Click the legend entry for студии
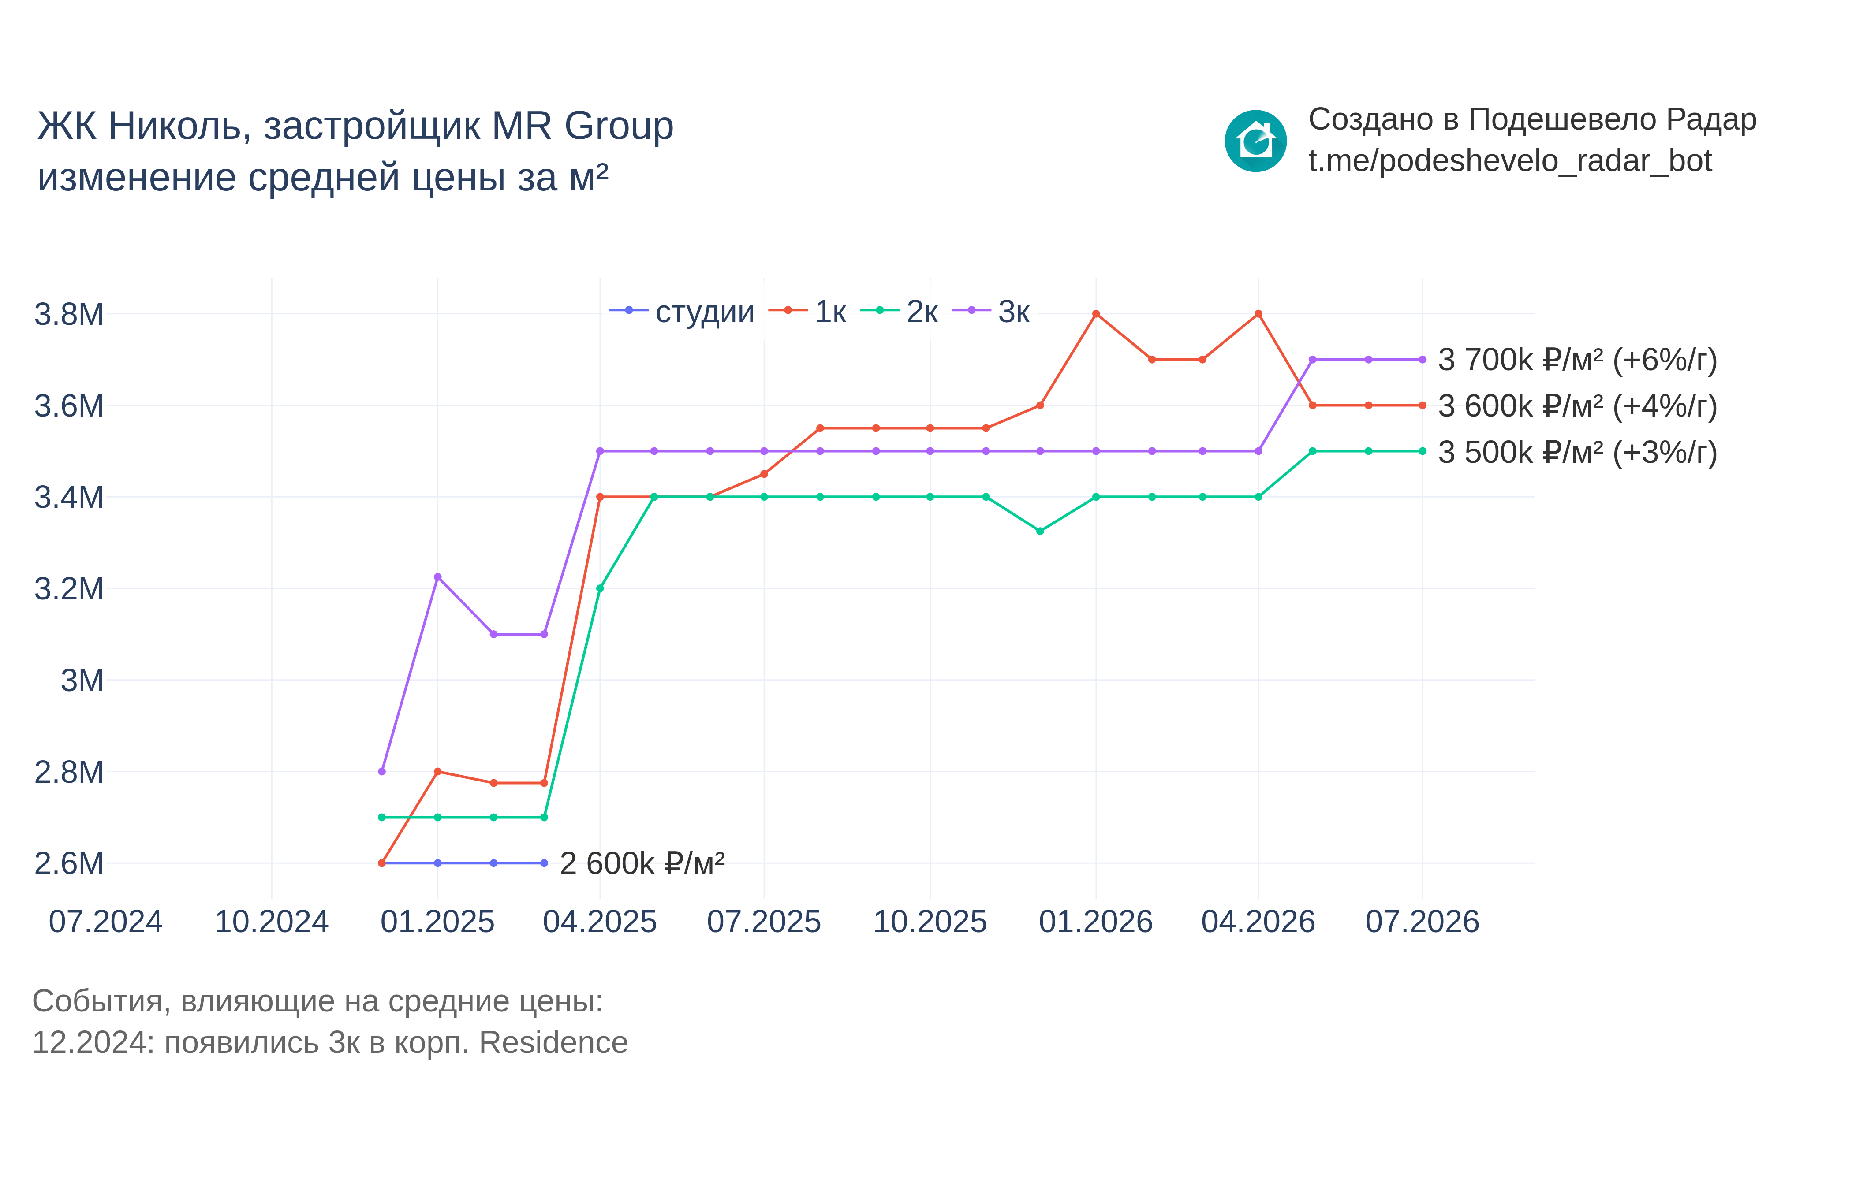pyautogui.click(x=682, y=312)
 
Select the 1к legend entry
pyautogui.click(x=807, y=312)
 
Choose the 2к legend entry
pyautogui.click(x=899, y=312)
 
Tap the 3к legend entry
pyautogui.click(x=991, y=312)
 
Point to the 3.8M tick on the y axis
pyautogui.click(x=69, y=315)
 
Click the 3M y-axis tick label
pyautogui.click(x=82, y=681)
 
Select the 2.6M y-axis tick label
pyautogui.click(x=69, y=863)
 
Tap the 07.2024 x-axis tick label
pyautogui.click(x=106, y=922)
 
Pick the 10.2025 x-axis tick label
pyautogui.click(x=930, y=922)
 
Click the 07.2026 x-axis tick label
pyautogui.click(x=1422, y=922)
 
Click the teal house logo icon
pyautogui.click(x=1255, y=141)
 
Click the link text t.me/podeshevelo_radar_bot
pyautogui.click(x=1510, y=161)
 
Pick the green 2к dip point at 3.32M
pyautogui.click(x=1040, y=531)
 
